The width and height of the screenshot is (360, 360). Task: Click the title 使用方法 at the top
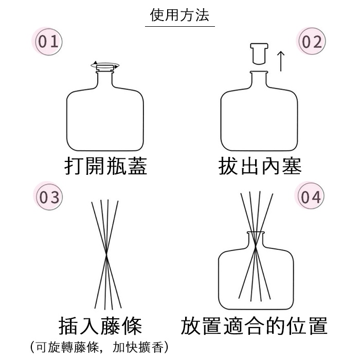pyautogui.click(x=179, y=15)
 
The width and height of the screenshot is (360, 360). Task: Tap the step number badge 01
pyautogui.click(x=48, y=42)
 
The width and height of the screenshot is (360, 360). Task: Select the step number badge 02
pyautogui.click(x=311, y=42)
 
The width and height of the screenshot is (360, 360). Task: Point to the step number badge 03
pyautogui.click(x=48, y=197)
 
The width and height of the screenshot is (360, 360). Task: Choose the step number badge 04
pyautogui.click(x=310, y=196)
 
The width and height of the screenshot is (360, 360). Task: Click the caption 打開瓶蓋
pyautogui.click(x=105, y=166)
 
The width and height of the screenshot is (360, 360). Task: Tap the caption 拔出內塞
pyautogui.click(x=260, y=166)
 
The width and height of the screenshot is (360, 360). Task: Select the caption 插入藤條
pyautogui.click(x=100, y=326)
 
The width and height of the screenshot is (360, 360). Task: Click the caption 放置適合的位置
pyautogui.click(x=254, y=326)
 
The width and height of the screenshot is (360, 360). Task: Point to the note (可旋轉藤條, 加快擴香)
pyautogui.click(x=99, y=347)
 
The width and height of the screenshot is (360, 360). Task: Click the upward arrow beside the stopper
pyautogui.click(x=281, y=61)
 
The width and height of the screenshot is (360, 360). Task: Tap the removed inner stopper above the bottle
pyautogui.click(x=259, y=53)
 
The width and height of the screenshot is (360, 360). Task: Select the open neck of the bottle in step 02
pyautogui.click(x=259, y=78)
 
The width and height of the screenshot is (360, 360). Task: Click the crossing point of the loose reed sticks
pyautogui.click(x=106, y=254)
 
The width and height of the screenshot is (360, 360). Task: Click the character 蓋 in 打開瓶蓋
pyautogui.click(x=137, y=166)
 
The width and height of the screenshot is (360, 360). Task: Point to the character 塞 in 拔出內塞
pyautogui.click(x=292, y=166)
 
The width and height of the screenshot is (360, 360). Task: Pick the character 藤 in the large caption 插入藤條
pyautogui.click(x=111, y=326)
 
